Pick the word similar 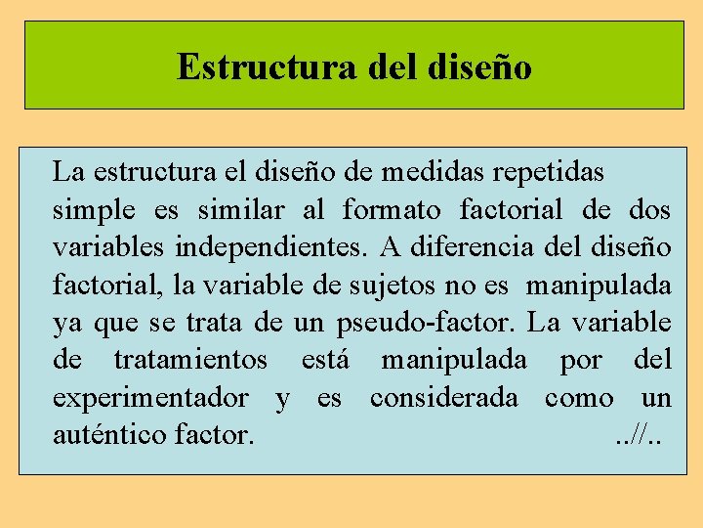pos(240,210)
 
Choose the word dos pos(649,210)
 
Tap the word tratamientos pos(190,360)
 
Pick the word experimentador pos(150,398)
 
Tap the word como pos(579,398)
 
